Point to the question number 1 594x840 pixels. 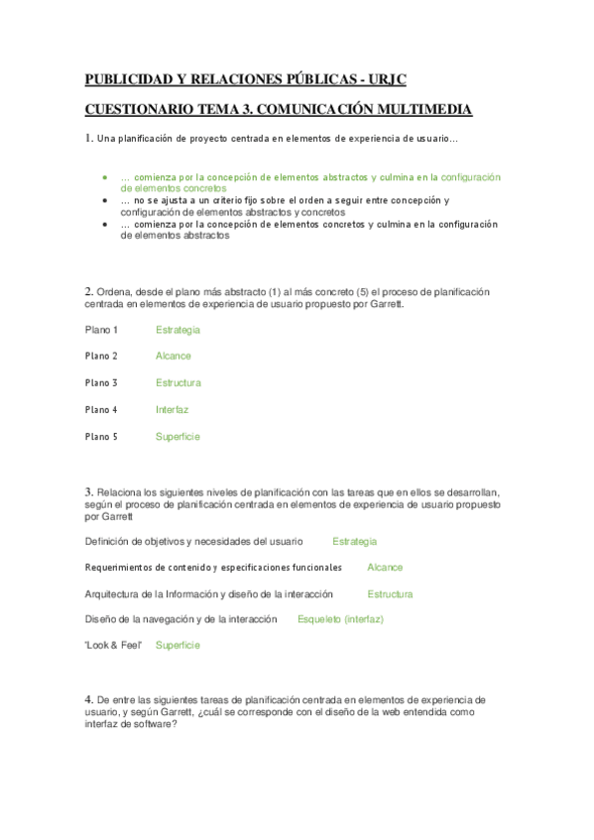coord(88,138)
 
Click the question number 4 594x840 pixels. coord(88,699)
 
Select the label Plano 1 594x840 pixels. coord(101,330)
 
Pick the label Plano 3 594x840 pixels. coord(101,383)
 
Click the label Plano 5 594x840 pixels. coord(101,437)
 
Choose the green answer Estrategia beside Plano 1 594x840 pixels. coord(178,330)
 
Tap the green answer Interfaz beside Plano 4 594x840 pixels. coord(172,410)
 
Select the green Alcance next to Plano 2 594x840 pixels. coord(174,357)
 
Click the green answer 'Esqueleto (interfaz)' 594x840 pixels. coord(340,619)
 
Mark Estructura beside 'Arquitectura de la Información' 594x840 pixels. coord(390,594)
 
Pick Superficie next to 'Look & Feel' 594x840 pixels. coord(178,645)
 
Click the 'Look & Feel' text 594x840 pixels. coord(114,645)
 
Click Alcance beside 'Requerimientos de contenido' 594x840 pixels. coord(385,568)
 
